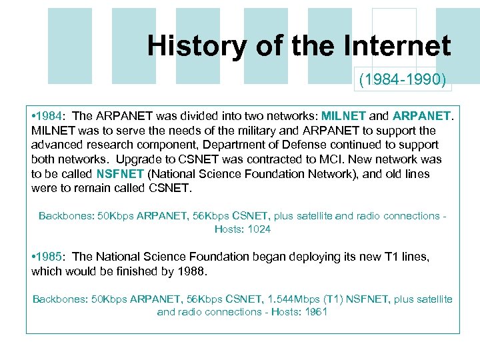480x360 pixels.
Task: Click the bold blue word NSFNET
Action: pyautogui.click(x=120, y=174)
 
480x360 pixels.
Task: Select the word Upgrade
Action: pyautogui.click(x=135, y=159)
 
